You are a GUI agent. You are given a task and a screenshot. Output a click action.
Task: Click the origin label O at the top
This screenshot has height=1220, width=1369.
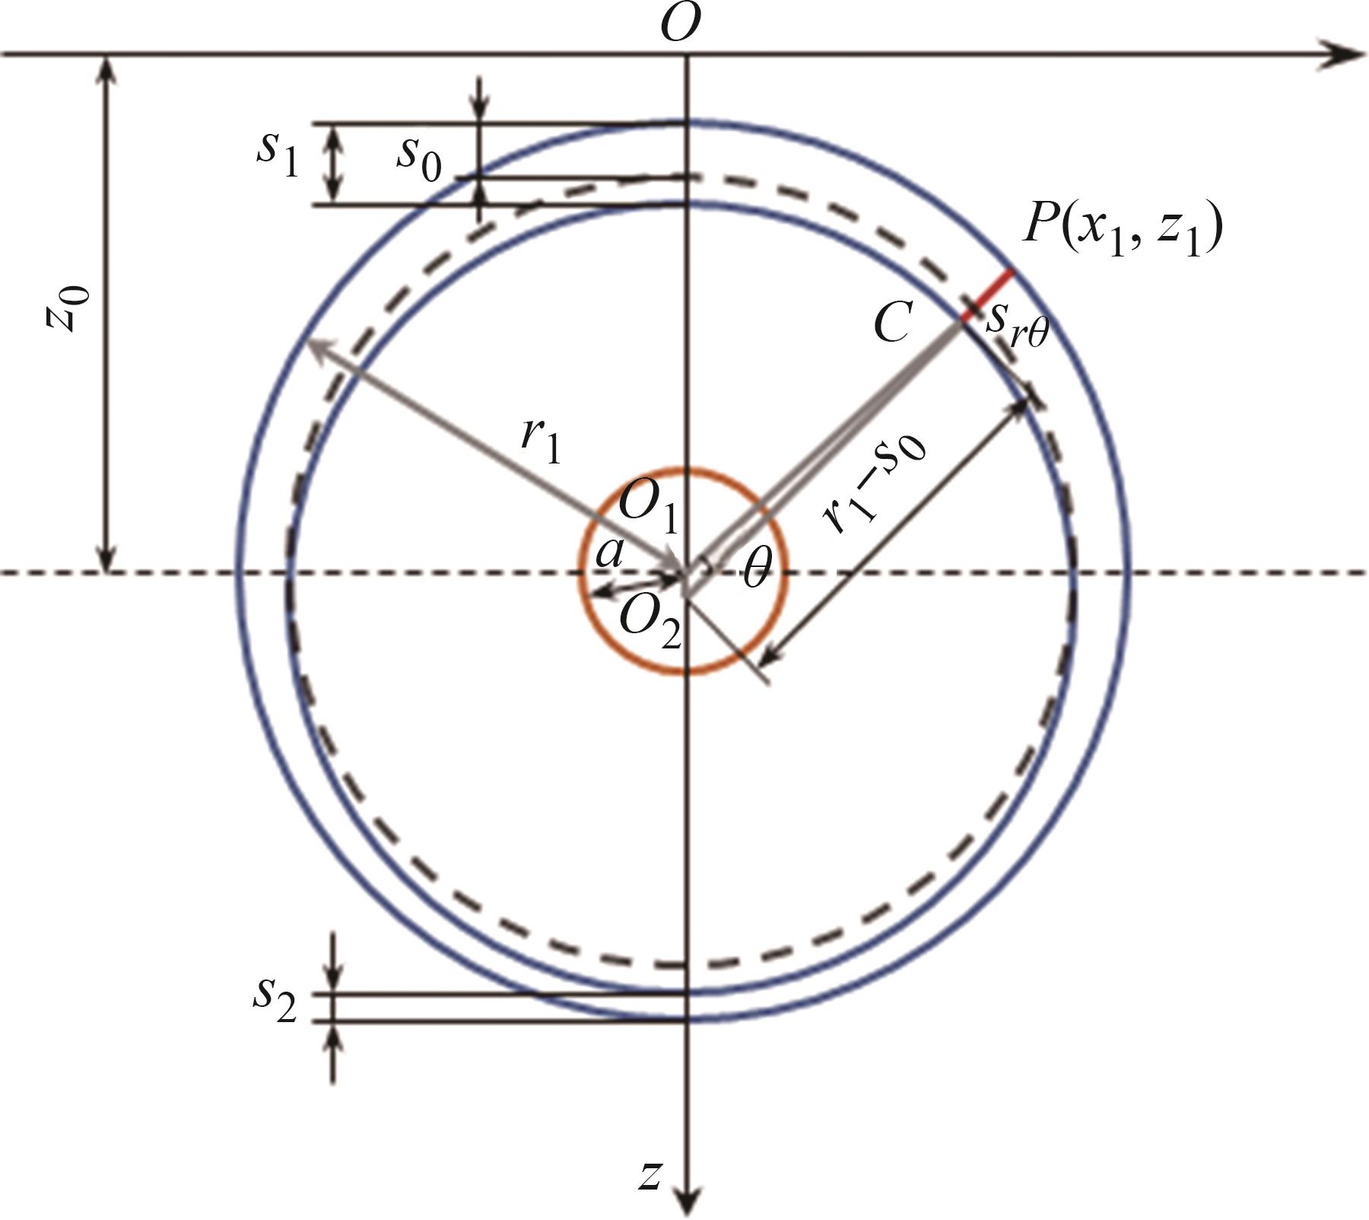(x=680, y=23)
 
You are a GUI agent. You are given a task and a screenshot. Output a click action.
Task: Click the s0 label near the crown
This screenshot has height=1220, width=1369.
(x=418, y=159)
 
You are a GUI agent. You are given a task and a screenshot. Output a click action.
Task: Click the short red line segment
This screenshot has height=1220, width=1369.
(x=988, y=295)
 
